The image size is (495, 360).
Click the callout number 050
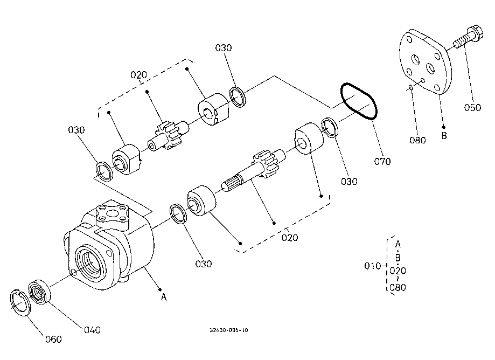coord(472,107)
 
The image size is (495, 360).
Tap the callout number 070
coord(382,161)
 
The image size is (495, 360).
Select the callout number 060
coord(53,339)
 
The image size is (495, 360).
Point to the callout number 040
coord(92,330)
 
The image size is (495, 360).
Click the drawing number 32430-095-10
coord(229,330)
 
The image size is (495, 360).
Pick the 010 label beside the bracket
coord(373,266)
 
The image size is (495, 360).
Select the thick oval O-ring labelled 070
coord(359,101)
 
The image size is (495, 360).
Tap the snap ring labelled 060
coord(19,302)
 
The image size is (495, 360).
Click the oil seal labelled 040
coord(39,292)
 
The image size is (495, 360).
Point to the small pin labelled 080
coord(410,88)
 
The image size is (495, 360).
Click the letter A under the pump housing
coord(164,297)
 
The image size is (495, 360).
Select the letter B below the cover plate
coord(444,136)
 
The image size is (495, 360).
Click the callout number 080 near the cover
coord(417,140)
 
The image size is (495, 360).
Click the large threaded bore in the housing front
coord(90,263)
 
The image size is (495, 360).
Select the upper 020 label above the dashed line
coord(138,75)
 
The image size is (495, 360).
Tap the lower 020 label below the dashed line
coord(289,238)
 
